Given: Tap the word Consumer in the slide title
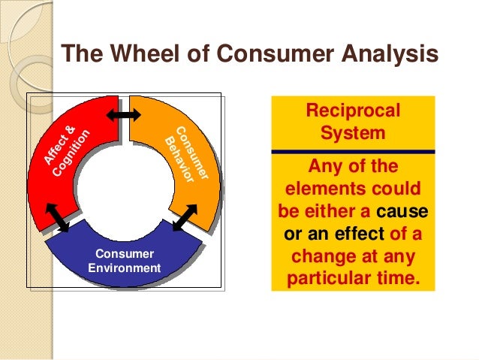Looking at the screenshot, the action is [x=247, y=54].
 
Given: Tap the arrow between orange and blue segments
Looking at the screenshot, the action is [x=184, y=218].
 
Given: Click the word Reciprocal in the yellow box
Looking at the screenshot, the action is [x=353, y=112].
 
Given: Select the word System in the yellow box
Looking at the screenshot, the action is [x=353, y=135].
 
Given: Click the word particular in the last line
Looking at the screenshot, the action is [x=333, y=279].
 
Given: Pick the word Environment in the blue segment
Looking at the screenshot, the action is [x=124, y=268].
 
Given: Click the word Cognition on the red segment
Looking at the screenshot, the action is [x=72, y=155].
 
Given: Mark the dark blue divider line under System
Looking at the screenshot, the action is [x=353, y=152].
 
